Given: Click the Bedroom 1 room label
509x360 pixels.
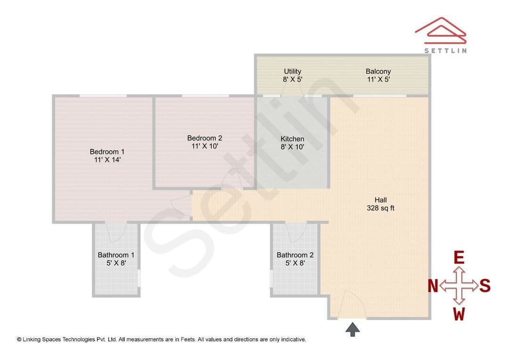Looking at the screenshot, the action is coord(107,152).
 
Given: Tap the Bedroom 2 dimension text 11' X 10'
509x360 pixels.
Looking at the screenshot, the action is coord(205,146).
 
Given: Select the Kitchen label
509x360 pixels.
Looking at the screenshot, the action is coord(292,139).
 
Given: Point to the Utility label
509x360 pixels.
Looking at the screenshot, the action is coord(293,71).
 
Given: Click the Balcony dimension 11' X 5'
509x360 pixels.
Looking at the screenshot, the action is coord(378,79).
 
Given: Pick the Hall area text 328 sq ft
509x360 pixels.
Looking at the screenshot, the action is coord(380,208).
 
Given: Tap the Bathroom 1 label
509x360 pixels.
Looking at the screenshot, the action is coord(116,255).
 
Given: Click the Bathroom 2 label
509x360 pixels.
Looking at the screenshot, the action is coord(295,255).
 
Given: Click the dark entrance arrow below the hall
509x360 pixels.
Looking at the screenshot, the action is coord(353,329).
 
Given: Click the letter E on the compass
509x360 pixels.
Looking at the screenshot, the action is coord(459,258).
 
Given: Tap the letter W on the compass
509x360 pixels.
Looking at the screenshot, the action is coord(459,314).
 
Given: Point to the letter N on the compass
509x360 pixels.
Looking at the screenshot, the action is coord(433,286).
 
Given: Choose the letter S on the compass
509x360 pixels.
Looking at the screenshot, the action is coord(484,286).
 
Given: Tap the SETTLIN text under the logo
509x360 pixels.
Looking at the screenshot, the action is coord(445,50).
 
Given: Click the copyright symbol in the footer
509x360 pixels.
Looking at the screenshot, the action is coord(19,340).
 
